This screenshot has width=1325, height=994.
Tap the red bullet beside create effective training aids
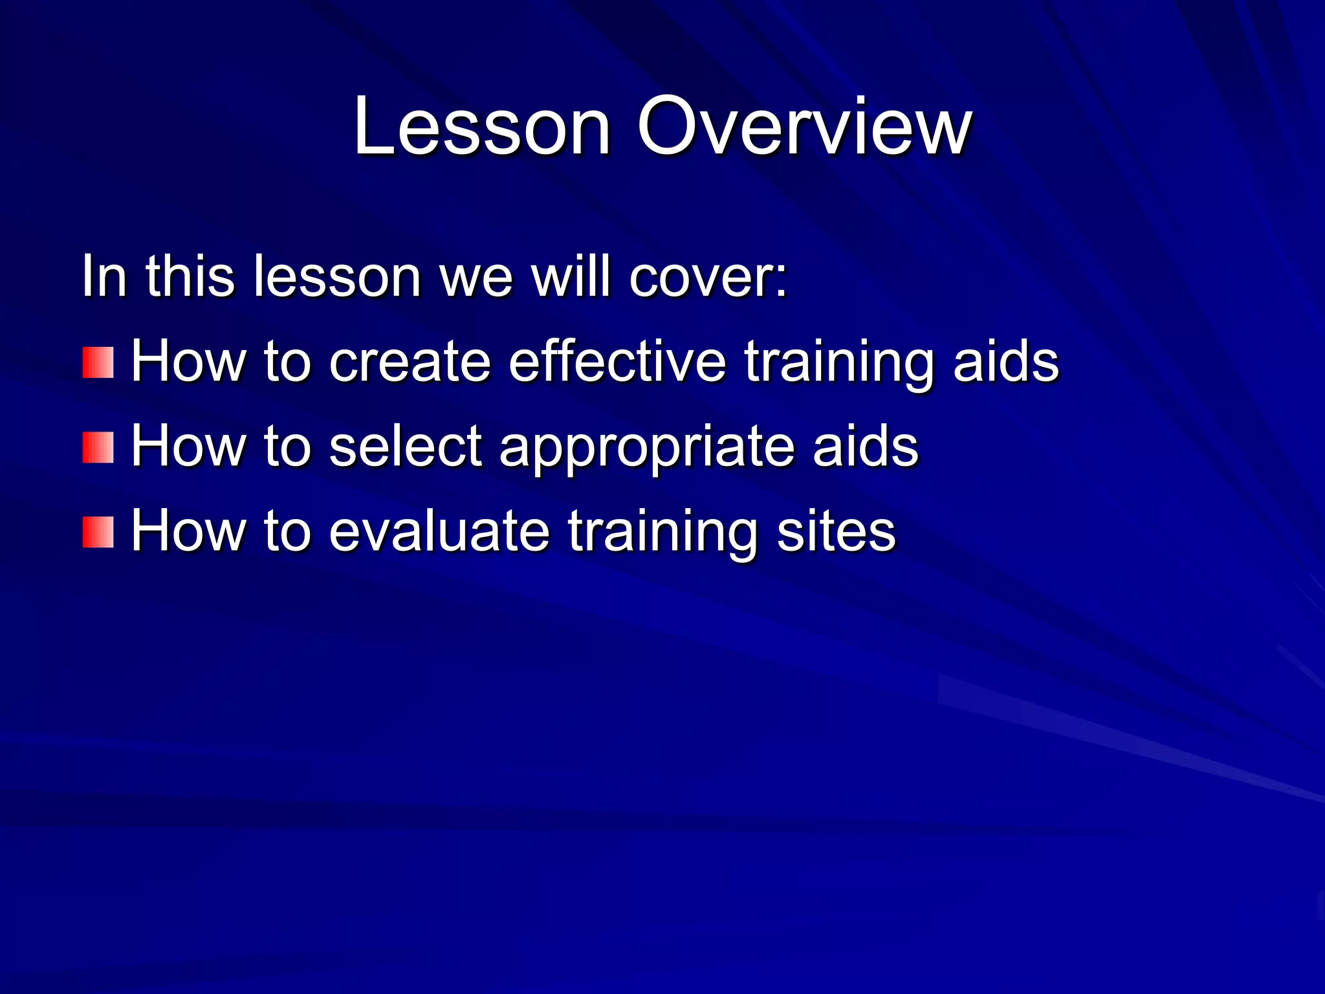point(98,362)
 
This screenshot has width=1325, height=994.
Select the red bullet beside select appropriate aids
point(98,448)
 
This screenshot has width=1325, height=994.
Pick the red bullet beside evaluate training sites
point(98,532)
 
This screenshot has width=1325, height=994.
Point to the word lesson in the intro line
point(337,277)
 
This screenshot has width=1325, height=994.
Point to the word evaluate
point(439,532)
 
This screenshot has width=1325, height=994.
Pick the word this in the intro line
point(190,277)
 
